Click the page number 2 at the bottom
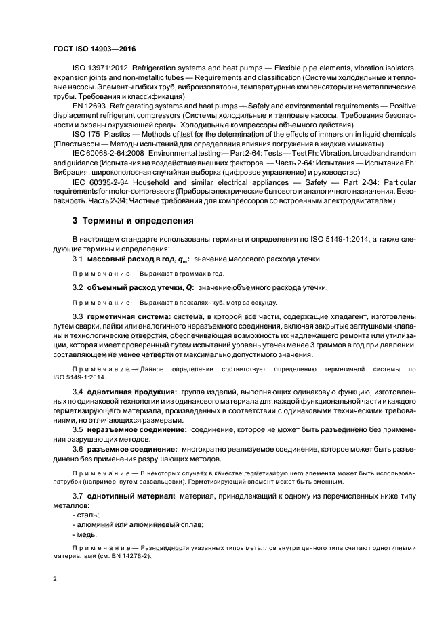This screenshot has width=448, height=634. (54, 579)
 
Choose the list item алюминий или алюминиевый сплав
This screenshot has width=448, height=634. (129, 525)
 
